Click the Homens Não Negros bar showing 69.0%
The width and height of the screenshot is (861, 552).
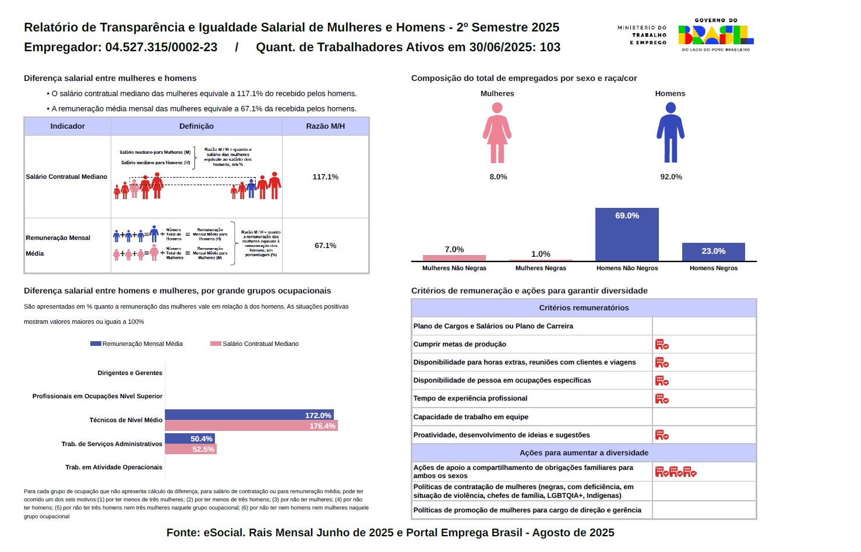click(x=627, y=234)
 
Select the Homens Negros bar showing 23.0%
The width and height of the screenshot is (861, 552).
click(x=713, y=252)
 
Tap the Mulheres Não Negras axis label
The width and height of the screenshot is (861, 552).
click(x=454, y=268)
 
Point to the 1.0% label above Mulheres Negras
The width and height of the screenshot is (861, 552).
click(x=541, y=254)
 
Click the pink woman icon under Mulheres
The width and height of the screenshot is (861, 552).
click(x=497, y=133)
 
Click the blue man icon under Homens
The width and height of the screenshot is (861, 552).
click(x=671, y=133)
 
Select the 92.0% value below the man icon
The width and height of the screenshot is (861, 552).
click(x=671, y=177)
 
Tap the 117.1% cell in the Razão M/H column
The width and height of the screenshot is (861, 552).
click(x=325, y=177)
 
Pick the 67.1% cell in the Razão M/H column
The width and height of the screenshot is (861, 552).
click(x=325, y=246)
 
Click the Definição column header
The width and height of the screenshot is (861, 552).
click(x=196, y=126)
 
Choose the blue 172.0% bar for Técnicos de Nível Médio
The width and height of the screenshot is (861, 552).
click(x=249, y=415)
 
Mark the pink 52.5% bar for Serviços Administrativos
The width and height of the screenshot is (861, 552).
click(x=190, y=449)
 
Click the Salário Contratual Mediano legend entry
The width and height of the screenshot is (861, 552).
click(x=255, y=344)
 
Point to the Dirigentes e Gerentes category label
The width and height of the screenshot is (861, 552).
click(x=130, y=373)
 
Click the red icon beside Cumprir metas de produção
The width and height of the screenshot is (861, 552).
click(x=662, y=344)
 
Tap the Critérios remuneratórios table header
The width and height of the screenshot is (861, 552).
click(x=584, y=308)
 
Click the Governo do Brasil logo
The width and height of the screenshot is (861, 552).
click(x=715, y=36)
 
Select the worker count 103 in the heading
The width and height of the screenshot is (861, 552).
click(x=550, y=47)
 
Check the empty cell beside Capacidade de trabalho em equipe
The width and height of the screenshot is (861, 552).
click(x=704, y=417)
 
